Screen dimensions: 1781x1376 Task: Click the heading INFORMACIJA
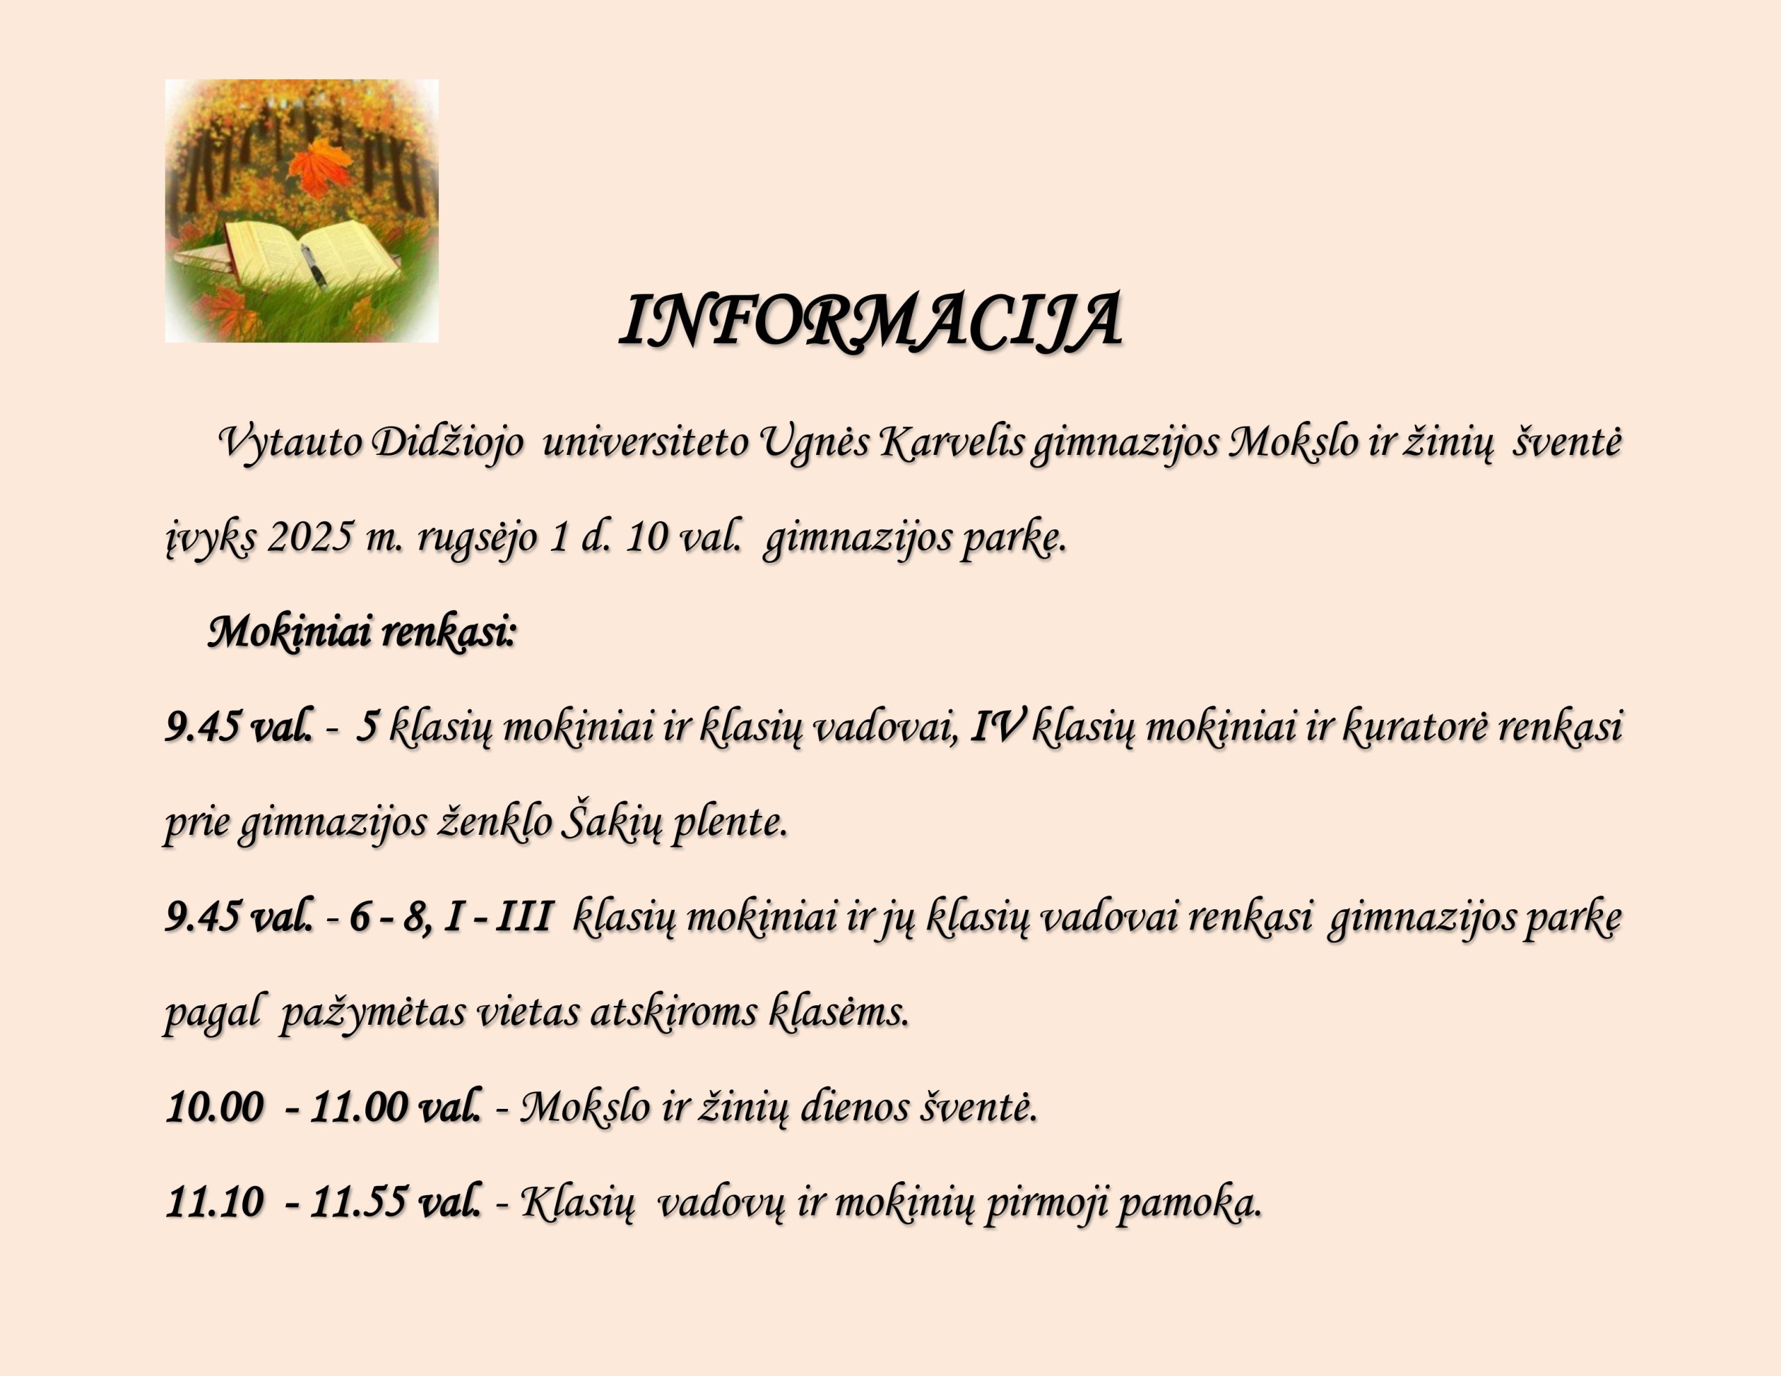[870, 321]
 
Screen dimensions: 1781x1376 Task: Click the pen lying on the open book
[314, 266]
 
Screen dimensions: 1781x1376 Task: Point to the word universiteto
[645, 443]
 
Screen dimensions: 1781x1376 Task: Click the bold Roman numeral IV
[996, 727]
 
